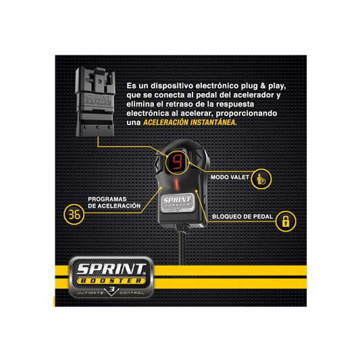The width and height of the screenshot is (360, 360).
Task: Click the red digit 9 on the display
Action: tap(177, 162)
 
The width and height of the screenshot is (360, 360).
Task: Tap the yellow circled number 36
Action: tap(74, 214)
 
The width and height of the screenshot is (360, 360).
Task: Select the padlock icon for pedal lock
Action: tap(286, 222)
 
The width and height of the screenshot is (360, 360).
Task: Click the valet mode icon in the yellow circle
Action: tap(261, 179)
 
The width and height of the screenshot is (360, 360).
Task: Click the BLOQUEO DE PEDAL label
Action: tap(242, 217)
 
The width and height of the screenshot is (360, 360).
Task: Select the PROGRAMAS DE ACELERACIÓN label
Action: tap(114, 203)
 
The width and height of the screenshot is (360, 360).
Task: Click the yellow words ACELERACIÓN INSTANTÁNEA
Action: tap(190, 122)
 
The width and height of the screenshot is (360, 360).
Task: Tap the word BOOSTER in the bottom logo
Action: tap(111, 281)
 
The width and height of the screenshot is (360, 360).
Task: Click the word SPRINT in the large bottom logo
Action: tap(111, 269)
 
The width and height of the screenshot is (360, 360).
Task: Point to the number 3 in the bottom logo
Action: tap(111, 290)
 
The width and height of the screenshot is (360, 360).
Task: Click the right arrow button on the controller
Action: tap(198, 158)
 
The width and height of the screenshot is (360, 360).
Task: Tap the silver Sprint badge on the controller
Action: tap(177, 203)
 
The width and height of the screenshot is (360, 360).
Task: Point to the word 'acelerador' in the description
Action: tap(252, 95)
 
